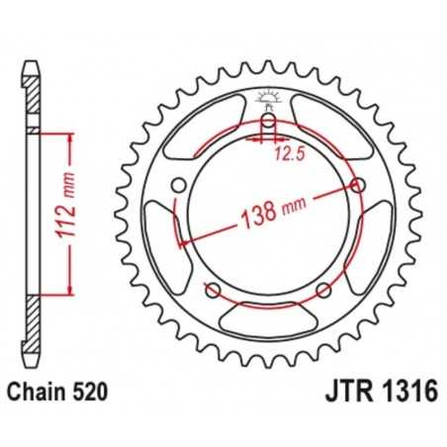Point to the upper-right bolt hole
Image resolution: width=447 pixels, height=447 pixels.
coord(356,185)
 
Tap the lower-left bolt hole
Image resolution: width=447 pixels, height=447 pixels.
coord(212,289)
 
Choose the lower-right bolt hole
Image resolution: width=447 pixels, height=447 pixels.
coord(322,289)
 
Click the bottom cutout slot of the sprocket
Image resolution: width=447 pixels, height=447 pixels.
coord(267,317)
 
